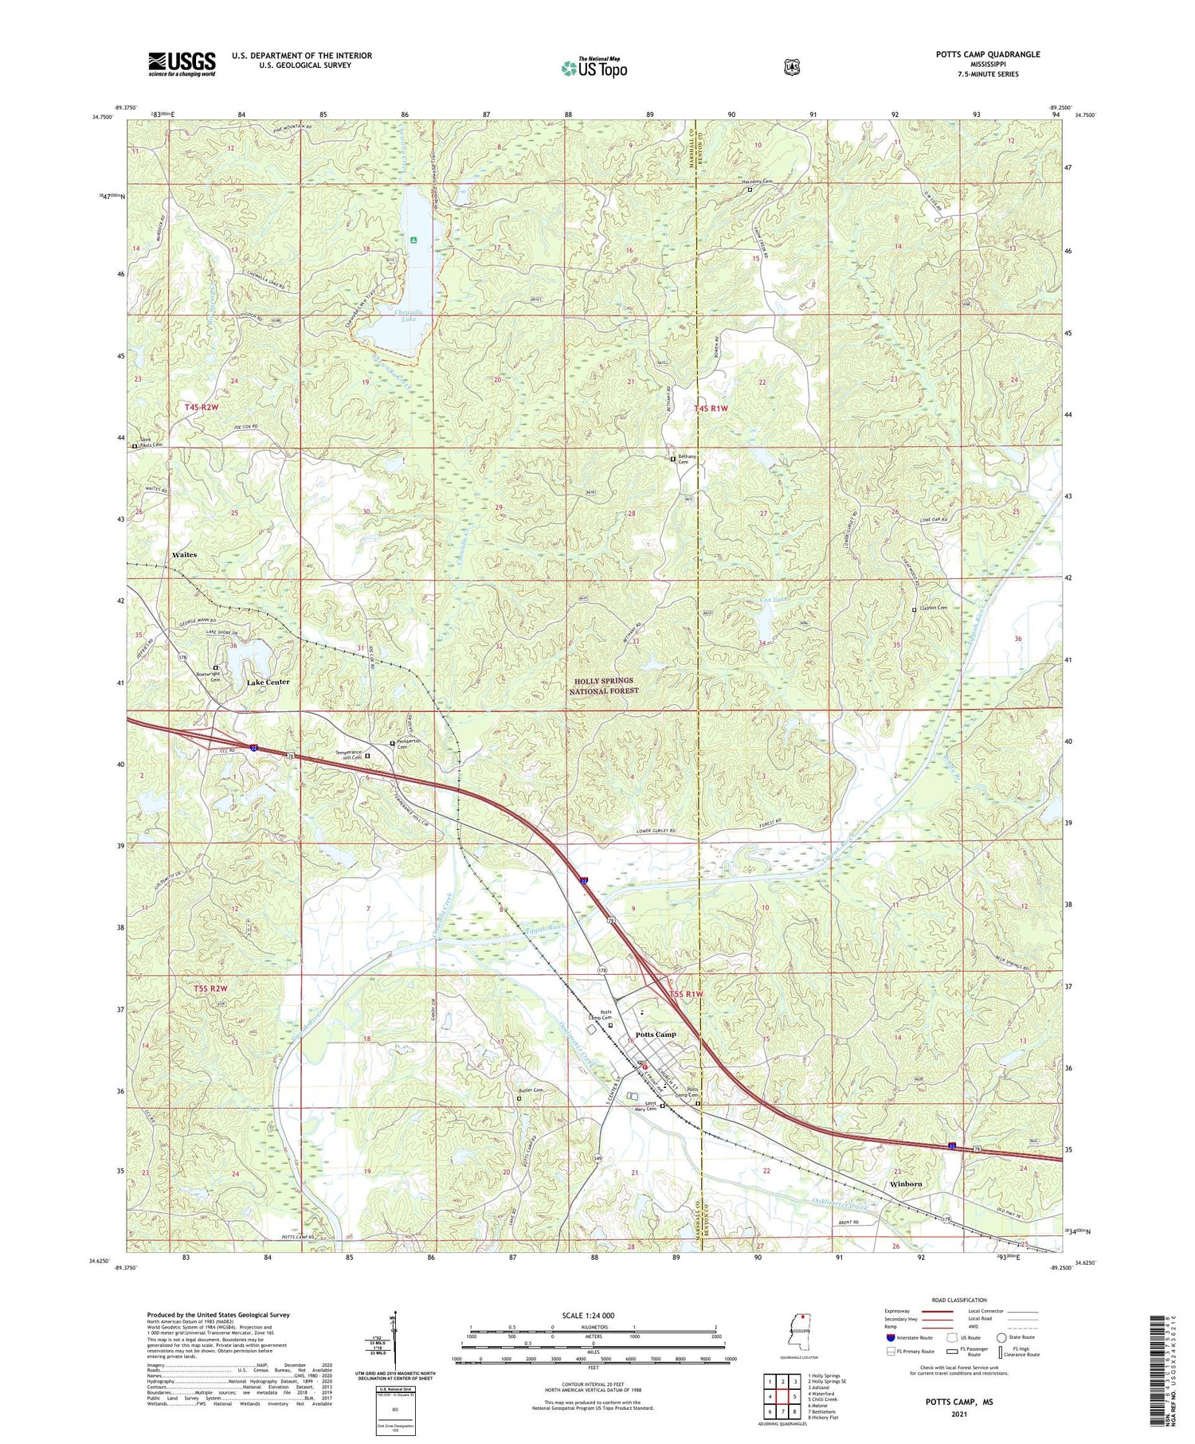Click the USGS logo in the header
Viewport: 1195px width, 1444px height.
[182, 64]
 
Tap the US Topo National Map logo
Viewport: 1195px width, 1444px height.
[594, 68]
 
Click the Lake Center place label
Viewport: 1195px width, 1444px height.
[268, 683]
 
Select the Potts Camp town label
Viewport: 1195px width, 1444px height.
[656, 1035]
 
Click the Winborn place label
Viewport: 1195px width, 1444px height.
[906, 1184]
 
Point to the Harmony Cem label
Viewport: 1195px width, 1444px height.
[758, 182]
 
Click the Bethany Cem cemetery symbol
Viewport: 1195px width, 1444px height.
[672, 460]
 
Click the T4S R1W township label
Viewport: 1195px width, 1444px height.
[711, 409]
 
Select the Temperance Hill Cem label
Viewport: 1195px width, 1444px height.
[347, 756]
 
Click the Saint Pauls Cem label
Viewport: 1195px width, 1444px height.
[151, 442]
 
